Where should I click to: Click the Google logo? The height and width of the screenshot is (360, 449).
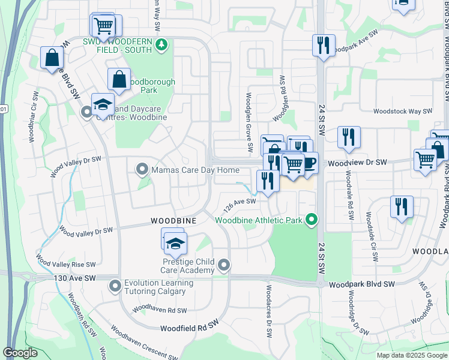point(20,353)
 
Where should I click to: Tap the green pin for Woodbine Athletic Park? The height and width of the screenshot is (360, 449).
point(311,220)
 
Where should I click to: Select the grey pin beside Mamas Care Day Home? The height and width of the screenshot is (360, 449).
point(142,170)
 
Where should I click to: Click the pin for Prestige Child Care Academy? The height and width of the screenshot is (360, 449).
point(224,265)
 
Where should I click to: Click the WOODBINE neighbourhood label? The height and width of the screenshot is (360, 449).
point(174,221)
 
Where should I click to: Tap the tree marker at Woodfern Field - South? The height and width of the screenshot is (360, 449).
point(160,44)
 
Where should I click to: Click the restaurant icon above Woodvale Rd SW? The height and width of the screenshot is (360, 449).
point(348,137)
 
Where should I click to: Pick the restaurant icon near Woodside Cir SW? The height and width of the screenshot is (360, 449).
point(401,207)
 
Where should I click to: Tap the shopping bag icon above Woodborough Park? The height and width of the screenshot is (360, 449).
point(119,79)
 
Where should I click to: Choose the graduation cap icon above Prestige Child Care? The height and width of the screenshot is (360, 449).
point(176,244)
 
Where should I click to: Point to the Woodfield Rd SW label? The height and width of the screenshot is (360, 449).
point(188,328)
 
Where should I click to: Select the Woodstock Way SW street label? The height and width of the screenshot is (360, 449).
point(402,111)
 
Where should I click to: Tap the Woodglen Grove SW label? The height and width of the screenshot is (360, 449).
point(249,121)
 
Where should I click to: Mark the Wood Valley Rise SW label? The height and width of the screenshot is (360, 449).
point(66,262)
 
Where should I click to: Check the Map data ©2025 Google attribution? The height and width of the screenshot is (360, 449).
point(411,355)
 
